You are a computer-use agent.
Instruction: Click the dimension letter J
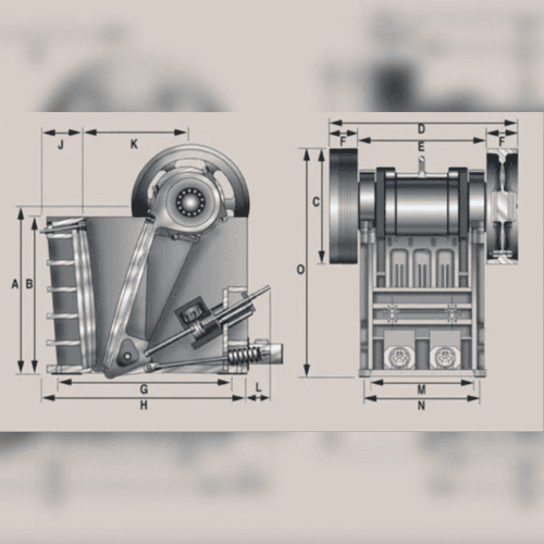tap(60, 145)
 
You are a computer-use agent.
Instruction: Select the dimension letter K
tap(134, 145)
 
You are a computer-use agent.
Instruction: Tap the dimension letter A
tap(15, 285)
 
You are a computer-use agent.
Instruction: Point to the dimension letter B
tap(29, 285)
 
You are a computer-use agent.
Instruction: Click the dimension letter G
tap(144, 389)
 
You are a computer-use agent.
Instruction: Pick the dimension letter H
tap(144, 406)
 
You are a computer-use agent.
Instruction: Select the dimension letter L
tap(258, 388)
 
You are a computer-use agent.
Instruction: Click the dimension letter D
tap(421, 129)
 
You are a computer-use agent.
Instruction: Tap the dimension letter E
tap(421, 147)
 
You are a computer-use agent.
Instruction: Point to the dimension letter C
tap(316, 202)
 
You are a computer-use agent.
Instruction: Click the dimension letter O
tap(300, 270)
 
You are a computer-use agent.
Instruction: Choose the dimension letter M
tap(422, 390)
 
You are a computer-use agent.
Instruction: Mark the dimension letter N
tap(422, 406)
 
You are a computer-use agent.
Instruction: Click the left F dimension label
tap(343, 142)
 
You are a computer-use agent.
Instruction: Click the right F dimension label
tap(502, 142)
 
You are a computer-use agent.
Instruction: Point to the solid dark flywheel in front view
tap(343, 207)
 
